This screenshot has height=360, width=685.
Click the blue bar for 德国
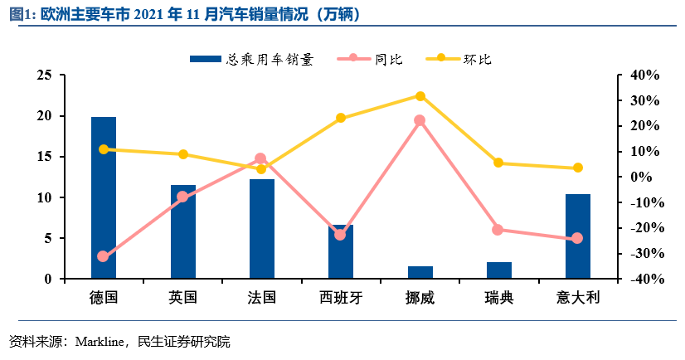click(x=104, y=197)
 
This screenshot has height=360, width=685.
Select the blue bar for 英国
click(x=182, y=231)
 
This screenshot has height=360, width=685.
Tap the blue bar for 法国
click(x=262, y=229)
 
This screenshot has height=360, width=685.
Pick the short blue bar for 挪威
click(x=420, y=273)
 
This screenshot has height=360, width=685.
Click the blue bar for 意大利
click(x=578, y=236)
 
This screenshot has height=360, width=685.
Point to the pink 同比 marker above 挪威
click(x=420, y=120)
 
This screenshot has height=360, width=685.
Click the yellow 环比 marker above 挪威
click(x=420, y=96)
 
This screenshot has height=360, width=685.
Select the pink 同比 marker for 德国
click(x=103, y=256)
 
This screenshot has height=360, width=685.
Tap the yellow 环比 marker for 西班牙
click(x=341, y=118)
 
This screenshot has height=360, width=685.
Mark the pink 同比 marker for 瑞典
click(x=498, y=230)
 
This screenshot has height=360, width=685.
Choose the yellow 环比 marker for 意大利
click(x=578, y=168)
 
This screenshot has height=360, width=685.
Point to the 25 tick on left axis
click(x=44, y=75)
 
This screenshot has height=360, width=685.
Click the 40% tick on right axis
click(x=644, y=75)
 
